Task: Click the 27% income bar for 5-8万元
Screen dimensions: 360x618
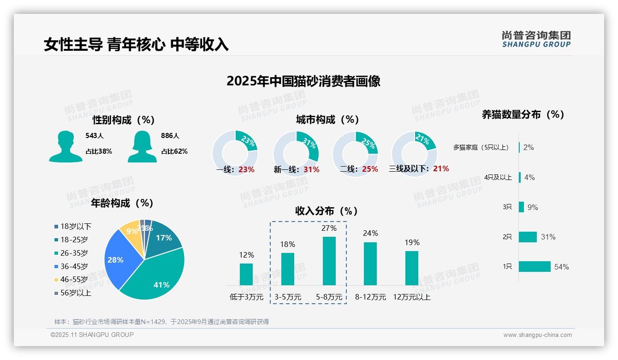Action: (329, 261)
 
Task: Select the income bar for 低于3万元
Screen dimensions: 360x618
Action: (246, 274)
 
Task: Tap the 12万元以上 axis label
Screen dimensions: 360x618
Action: (411, 297)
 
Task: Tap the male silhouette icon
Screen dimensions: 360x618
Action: (65, 147)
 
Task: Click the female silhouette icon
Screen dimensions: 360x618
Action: (142, 147)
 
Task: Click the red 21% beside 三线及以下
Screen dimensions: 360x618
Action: (441, 169)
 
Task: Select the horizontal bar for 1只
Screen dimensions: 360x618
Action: (535, 267)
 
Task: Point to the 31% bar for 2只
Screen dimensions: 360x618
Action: (528, 237)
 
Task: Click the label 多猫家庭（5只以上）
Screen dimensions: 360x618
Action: (481, 148)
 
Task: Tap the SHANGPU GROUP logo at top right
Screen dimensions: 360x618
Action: (536, 39)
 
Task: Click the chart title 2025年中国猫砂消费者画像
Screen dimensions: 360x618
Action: (303, 81)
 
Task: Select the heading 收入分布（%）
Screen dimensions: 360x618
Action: (327, 211)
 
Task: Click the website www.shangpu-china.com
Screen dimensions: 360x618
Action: (537, 335)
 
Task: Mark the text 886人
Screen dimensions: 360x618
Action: (170, 136)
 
